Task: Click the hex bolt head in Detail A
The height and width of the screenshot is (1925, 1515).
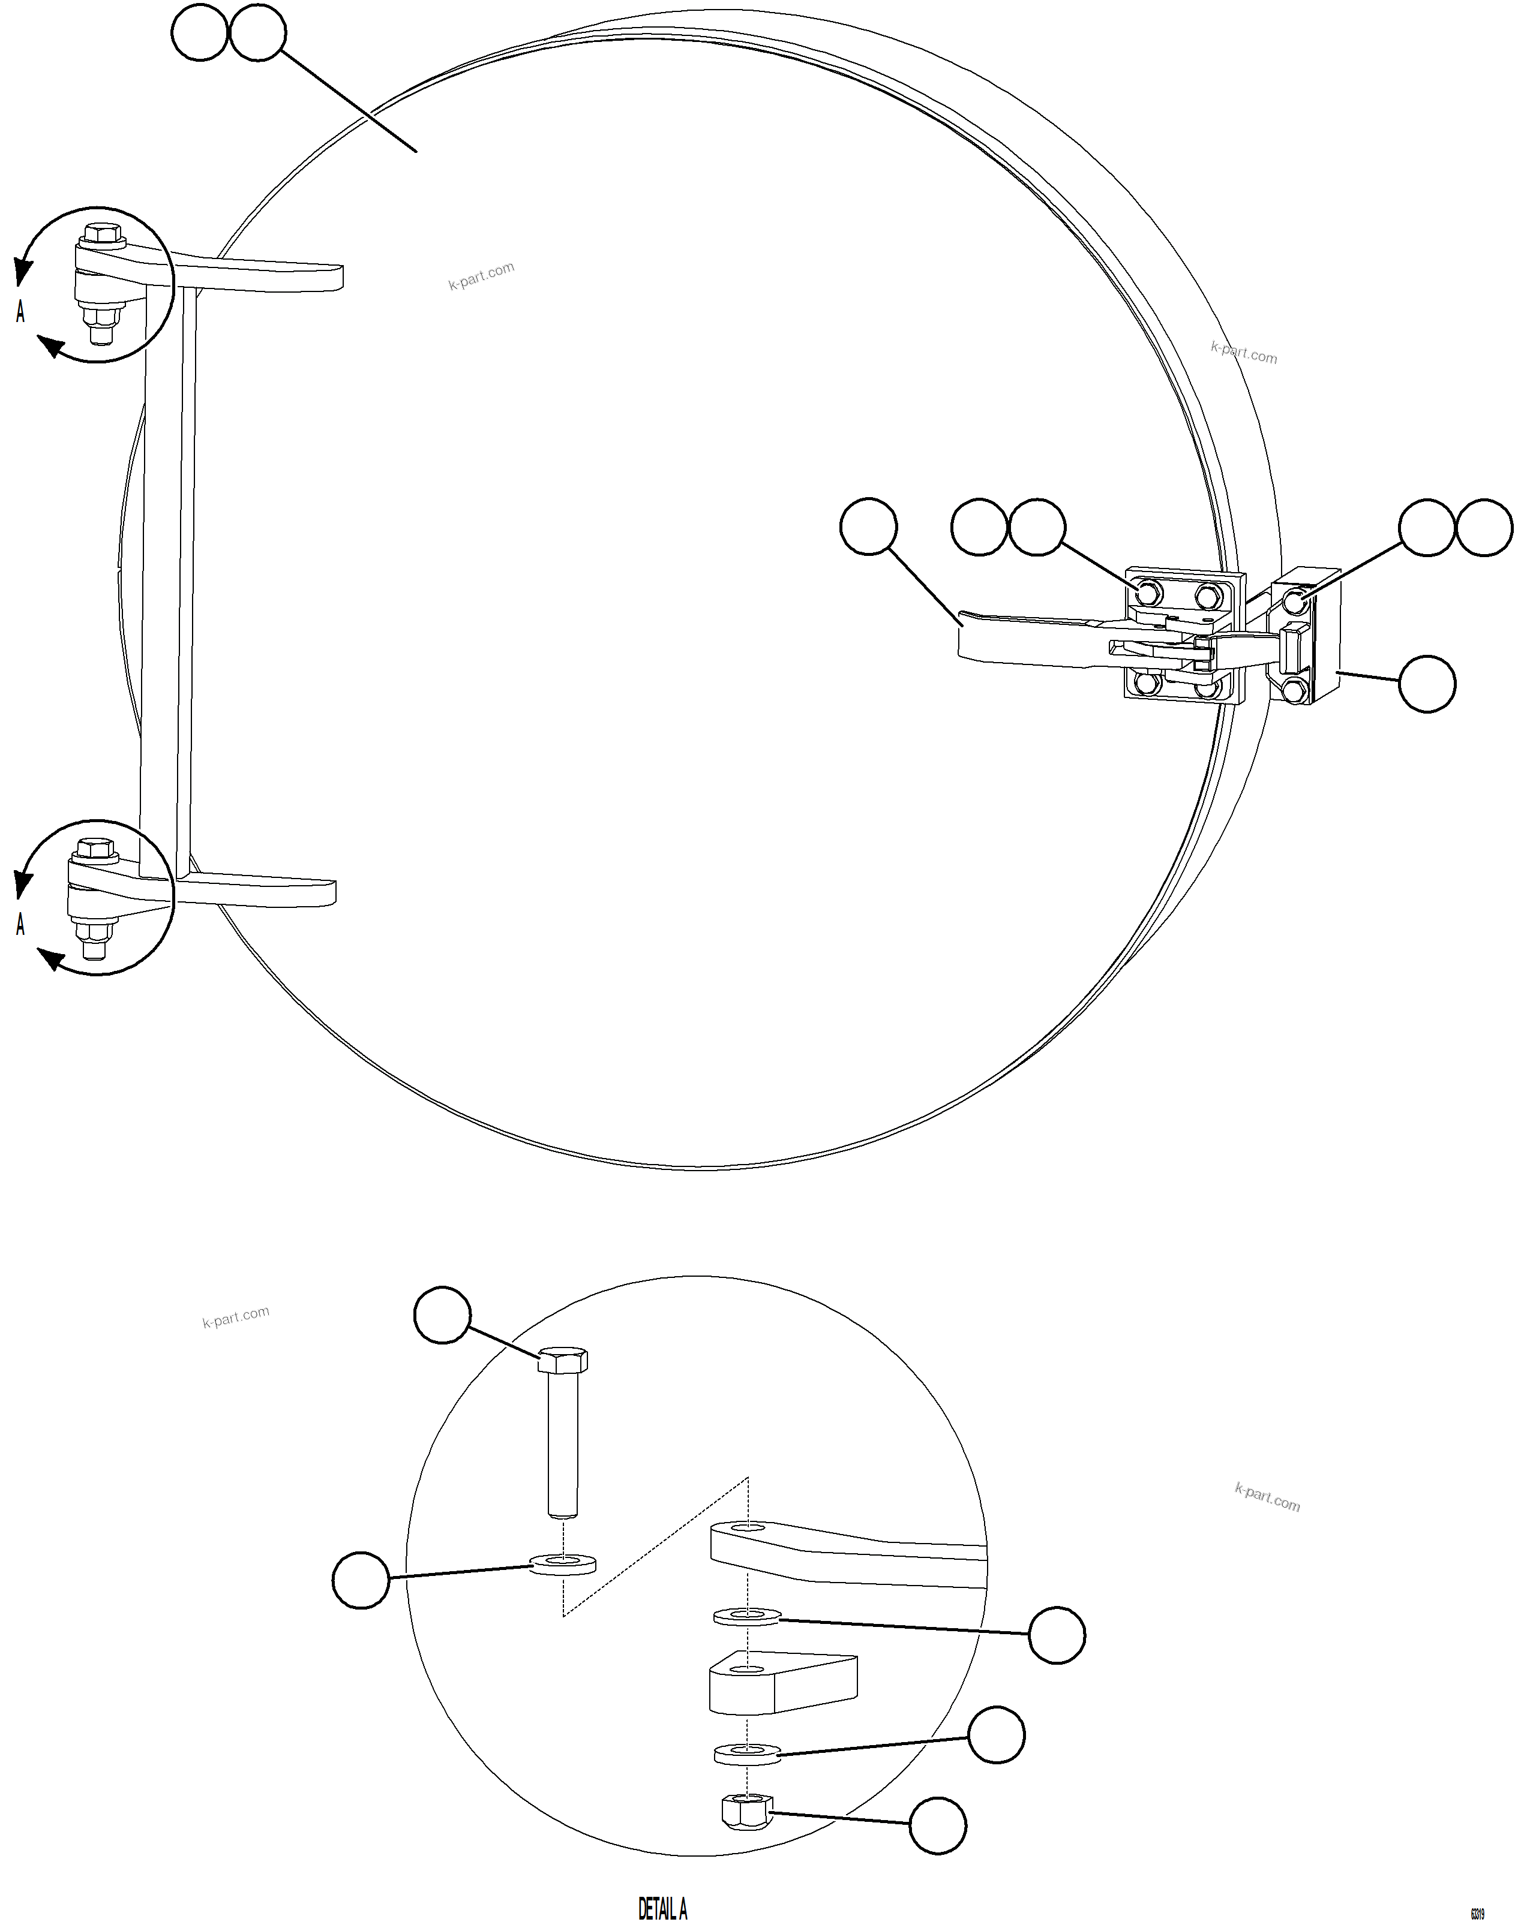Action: [x=562, y=1358]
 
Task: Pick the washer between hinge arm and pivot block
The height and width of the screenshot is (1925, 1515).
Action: [x=747, y=1616]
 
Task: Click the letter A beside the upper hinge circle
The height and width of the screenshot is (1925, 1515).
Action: [x=20, y=311]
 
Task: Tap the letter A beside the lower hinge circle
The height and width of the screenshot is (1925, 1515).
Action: [x=20, y=924]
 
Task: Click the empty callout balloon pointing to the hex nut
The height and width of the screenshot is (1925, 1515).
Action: [x=938, y=1825]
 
